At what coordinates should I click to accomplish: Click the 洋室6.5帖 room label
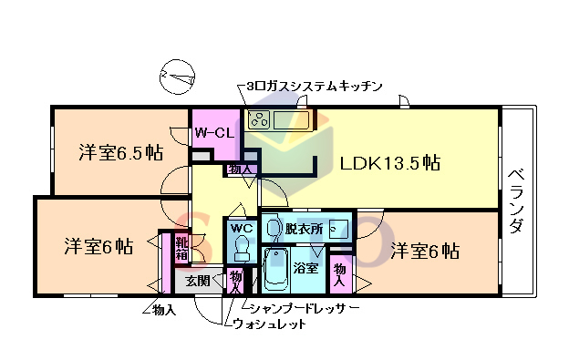click(119, 152)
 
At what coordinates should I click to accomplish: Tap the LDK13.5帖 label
click(390, 163)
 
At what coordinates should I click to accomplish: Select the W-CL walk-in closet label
click(215, 133)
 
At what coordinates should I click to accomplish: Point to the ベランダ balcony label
click(515, 201)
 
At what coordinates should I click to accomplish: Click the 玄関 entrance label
click(198, 281)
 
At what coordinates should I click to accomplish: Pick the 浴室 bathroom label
click(305, 269)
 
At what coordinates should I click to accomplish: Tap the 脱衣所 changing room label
click(305, 229)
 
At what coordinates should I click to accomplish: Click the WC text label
click(241, 228)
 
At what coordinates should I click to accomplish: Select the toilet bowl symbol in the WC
click(242, 247)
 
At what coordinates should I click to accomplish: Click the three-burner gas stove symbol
click(258, 118)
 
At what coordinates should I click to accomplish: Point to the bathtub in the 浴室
click(275, 269)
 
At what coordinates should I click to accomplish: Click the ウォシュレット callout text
click(270, 324)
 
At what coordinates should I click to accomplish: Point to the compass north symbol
click(175, 77)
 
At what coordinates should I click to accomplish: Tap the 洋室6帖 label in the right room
click(425, 250)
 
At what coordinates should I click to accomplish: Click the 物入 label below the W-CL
click(242, 170)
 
